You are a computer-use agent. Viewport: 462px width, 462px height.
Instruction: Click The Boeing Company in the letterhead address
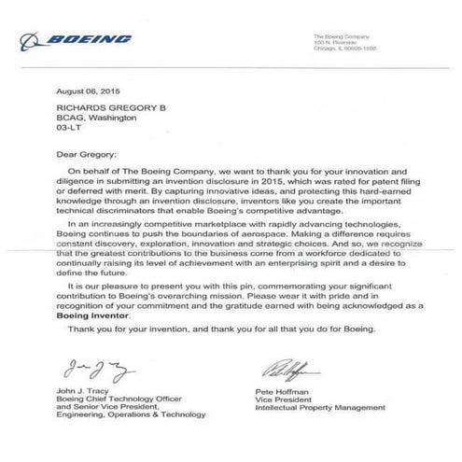coord(342,35)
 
